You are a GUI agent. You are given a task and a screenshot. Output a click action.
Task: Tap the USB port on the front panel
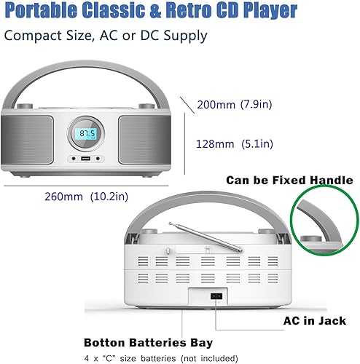(86, 159)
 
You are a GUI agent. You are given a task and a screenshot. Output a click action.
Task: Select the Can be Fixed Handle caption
(289, 180)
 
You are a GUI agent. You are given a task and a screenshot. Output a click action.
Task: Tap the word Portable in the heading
(40, 11)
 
